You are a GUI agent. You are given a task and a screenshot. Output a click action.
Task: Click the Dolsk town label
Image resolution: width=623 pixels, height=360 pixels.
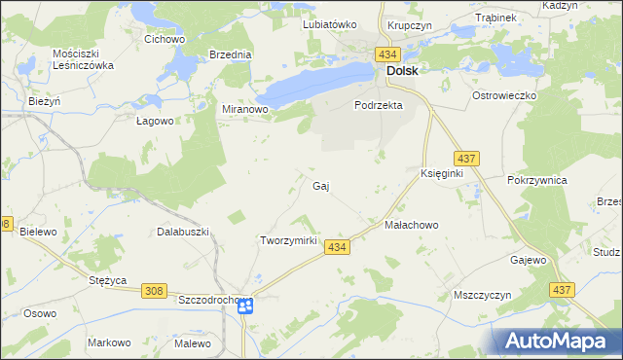click(402, 71)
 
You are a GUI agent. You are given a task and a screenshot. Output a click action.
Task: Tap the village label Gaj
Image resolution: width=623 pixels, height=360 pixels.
click(320, 185)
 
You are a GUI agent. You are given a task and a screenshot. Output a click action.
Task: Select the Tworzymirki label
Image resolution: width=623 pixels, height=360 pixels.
click(289, 239)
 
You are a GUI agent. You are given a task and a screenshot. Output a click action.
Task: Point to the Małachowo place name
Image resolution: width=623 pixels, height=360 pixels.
click(412, 224)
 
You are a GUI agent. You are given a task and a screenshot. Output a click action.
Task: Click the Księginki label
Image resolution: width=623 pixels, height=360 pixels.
click(440, 172)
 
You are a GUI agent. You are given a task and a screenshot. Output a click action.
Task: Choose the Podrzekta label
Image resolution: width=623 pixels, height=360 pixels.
click(378, 105)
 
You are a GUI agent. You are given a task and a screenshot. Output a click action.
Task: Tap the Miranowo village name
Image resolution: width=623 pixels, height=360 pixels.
click(244, 110)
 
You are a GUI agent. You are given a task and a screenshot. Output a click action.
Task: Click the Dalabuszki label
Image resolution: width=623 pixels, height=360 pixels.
click(183, 232)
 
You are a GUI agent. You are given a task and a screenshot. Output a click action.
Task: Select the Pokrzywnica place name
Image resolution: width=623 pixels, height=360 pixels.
click(537, 181)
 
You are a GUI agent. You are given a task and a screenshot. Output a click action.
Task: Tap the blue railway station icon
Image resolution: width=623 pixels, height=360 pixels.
click(244, 306)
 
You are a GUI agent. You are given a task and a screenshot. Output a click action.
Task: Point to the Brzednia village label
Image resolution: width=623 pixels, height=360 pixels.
click(231, 55)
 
